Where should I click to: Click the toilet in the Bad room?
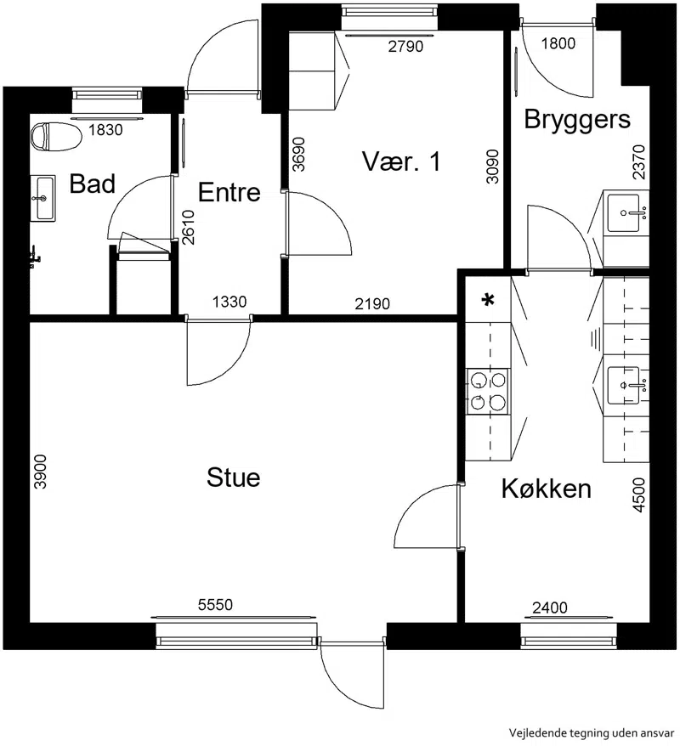tap(56, 137)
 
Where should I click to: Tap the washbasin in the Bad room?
tap(43, 198)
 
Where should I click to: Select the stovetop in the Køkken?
tap(487, 392)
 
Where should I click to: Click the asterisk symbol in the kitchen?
tap(488, 300)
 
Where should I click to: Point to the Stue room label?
tap(233, 478)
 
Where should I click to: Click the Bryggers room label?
tap(577, 119)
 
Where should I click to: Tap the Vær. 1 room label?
tap(401, 161)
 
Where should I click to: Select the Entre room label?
tap(229, 192)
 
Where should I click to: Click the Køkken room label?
tap(547, 489)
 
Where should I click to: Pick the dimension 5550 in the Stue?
tap(216, 605)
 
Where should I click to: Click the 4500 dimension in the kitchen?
tap(639, 495)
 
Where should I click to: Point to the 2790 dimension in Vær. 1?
tap(405, 46)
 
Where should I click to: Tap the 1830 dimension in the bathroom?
tap(105, 129)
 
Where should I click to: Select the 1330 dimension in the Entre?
tap(229, 302)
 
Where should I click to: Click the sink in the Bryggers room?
tap(624, 212)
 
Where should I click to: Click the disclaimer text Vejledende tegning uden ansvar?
tap(592, 732)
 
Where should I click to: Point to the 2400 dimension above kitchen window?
tap(550, 608)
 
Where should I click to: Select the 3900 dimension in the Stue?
tap(41, 472)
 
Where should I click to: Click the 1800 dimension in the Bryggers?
tap(558, 43)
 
